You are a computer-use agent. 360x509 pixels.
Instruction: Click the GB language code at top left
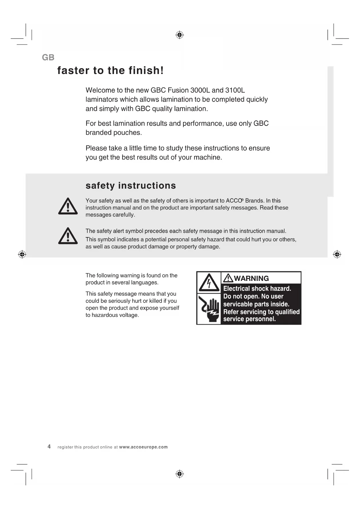point(48,57)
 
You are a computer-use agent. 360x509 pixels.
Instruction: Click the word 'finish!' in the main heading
point(146,71)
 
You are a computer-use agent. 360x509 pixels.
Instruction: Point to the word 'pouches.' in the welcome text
point(129,133)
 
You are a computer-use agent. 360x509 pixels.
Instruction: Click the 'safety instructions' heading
point(131,186)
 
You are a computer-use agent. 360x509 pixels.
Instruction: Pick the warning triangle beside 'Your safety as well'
point(68,206)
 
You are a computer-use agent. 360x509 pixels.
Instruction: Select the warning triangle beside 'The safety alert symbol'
point(68,236)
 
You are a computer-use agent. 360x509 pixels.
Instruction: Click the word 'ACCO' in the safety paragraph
point(234,201)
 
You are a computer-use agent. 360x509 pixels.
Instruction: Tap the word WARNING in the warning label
point(252,278)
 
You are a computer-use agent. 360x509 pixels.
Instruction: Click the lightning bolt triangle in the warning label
point(209,282)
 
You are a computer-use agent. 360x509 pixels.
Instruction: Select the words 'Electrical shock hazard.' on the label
point(257,289)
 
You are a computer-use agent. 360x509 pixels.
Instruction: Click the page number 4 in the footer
point(49,447)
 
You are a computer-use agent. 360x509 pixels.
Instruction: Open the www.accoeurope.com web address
point(143,447)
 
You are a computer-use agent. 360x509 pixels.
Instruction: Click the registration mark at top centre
point(180,35)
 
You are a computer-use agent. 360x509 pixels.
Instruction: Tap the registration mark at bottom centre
point(180,474)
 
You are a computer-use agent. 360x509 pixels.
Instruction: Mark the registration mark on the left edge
point(22,255)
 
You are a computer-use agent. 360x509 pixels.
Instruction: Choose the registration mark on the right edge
point(337,255)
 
